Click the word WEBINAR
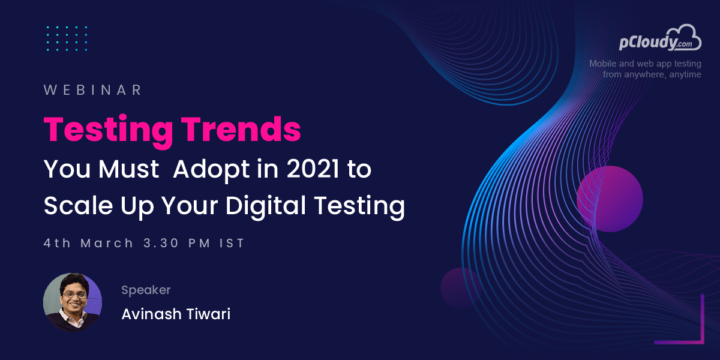(93, 90)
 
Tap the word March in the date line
(107, 243)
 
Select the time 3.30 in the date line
(161, 243)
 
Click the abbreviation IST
(232, 243)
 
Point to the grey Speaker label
(146, 290)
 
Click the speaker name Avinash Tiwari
(176, 314)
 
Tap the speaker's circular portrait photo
(73, 302)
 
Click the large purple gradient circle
(610, 199)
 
